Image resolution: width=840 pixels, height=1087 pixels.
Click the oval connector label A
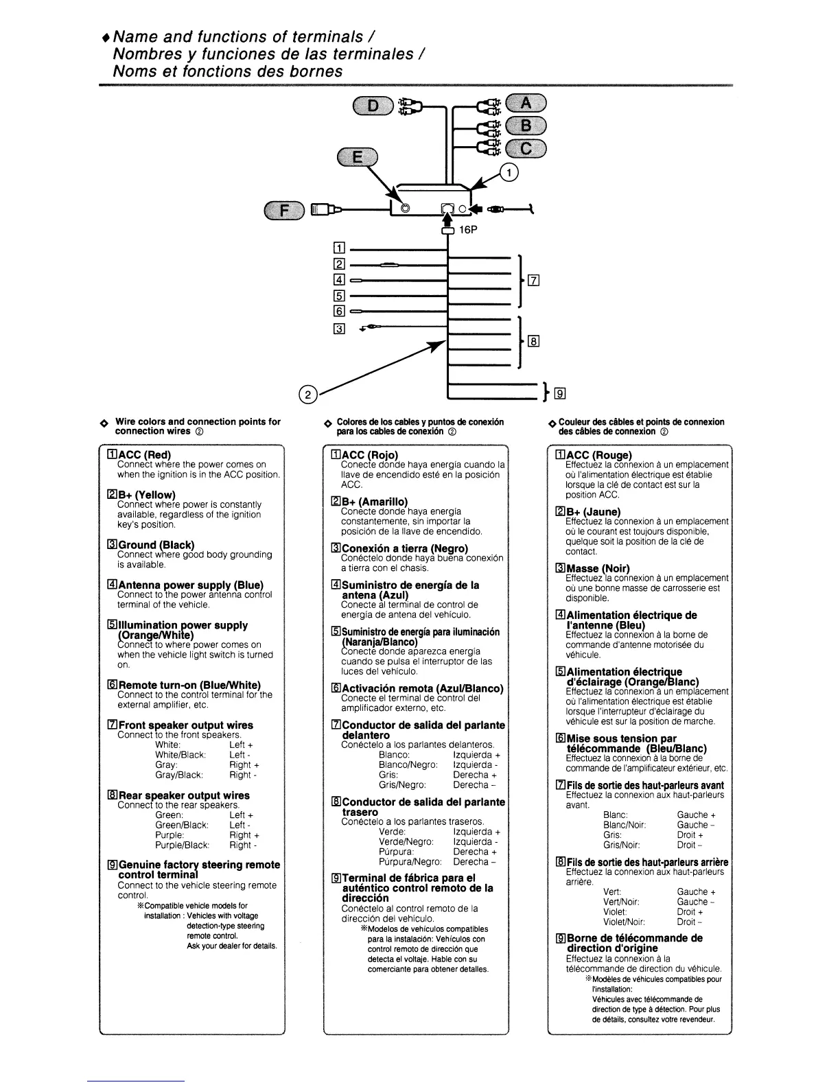click(x=526, y=104)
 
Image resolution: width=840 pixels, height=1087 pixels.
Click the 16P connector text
click(x=468, y=231)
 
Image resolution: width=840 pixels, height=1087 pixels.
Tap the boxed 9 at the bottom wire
click(x=561, y=394)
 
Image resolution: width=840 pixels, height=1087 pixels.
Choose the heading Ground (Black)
click(x=151, y=545)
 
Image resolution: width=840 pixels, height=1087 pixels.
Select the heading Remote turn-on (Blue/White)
click(x=184, y=685)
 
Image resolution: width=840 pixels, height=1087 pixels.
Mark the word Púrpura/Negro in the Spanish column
click(x=410, y=862)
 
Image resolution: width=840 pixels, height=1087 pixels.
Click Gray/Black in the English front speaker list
click(x=179, y=775)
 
